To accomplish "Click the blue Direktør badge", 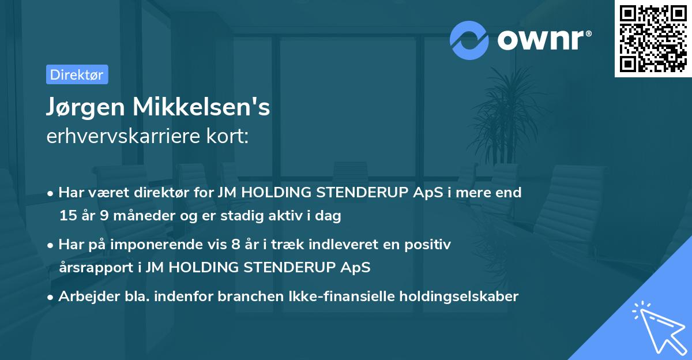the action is [x=77, y=74].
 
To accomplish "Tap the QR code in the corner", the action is [x=653, y=39].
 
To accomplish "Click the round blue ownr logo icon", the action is [x=469, y=40].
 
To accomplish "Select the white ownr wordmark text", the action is [x=540, y=40].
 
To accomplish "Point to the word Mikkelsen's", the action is [x=201, y=107].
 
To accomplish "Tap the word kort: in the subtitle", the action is [x=227, y=136].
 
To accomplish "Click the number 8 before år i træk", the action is [x=235, y=244].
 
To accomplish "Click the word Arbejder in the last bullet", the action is [x=89, y=296].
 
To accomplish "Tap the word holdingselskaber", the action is [x=459, y=296].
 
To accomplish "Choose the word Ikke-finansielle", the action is [x=341, y=296].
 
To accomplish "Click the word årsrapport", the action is [x=96, y=268].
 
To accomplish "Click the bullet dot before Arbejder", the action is [x=50, y=298].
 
